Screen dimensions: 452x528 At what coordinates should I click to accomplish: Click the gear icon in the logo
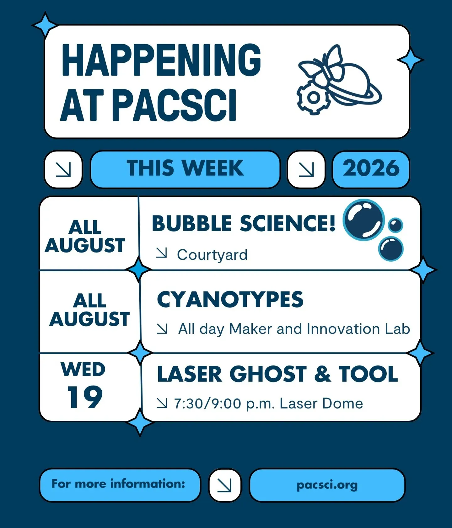coord(313,97)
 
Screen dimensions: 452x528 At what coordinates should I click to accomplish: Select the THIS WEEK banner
coord(185,169)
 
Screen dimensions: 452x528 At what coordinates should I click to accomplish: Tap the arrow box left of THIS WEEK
coord(63,169)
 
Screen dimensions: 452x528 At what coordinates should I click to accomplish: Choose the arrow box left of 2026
coord(306,169)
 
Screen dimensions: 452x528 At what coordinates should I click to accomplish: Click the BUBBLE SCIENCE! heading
coord(244,223)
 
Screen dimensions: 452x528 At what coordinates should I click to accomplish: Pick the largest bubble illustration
coord(364,220)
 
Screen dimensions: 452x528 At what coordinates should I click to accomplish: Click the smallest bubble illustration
coord(395,225)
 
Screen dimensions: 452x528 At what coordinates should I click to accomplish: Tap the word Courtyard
coord(212,255)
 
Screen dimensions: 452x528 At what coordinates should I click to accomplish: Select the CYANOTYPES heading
coord(230,299)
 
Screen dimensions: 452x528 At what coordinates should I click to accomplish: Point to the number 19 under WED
coord(85,397)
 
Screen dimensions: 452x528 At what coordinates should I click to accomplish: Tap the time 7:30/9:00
coord(207,403)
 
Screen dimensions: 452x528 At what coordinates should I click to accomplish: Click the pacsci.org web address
coord(327,485)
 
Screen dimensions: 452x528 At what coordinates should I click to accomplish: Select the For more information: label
coord(118,483)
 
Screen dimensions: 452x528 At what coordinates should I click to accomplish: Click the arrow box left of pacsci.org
coord(225,485)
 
